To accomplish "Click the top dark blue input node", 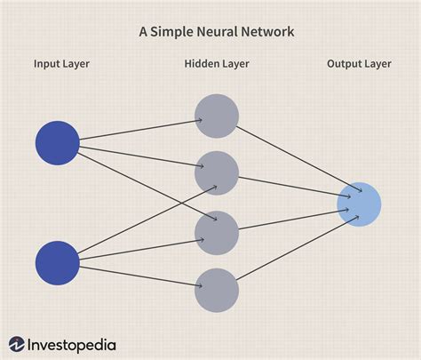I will [x=58, y=142].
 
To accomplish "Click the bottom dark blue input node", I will [x=58, y=261].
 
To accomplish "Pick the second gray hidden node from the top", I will [x=217, y=172].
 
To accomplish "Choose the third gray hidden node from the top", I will [x=217, y=232].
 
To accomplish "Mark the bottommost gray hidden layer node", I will [x=217, y=290].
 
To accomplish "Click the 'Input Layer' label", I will [x=61, y=64].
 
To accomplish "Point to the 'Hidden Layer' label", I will [x=217, y=64].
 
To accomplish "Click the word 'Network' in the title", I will [x=270, y=31].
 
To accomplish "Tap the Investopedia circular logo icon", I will [x=17, y=343].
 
